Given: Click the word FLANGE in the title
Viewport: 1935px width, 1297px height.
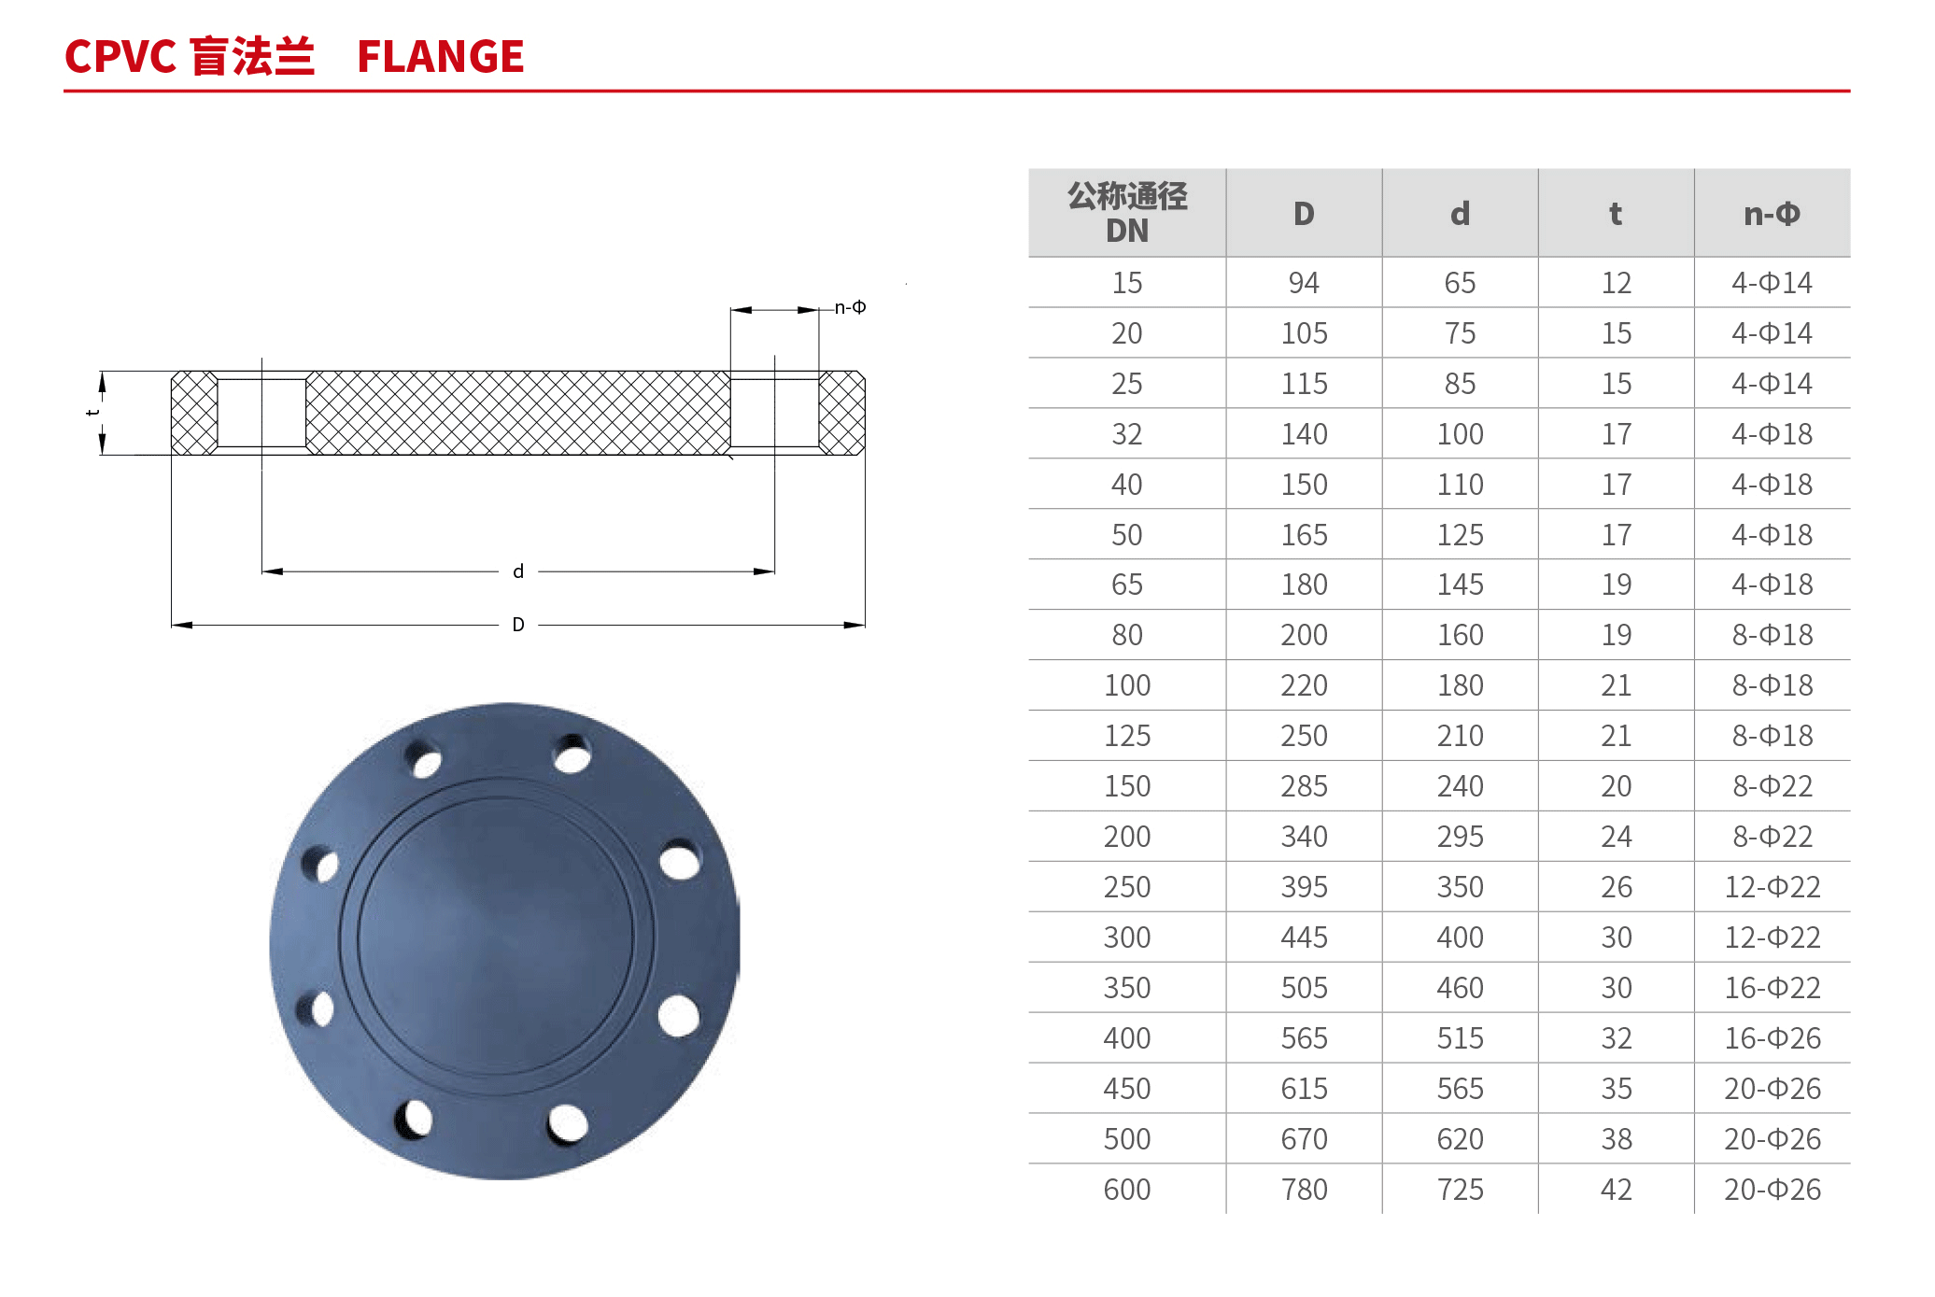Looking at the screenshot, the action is (440, 56).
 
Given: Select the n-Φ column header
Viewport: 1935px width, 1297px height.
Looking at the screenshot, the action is (1772, 214).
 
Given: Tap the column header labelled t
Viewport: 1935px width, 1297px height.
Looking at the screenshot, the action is (1616, 214).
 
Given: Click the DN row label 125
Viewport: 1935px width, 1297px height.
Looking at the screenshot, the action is (1127, 736).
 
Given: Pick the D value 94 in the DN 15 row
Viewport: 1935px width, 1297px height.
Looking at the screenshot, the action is (1304, 283).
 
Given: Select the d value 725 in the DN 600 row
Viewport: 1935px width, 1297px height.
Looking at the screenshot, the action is (1460, 1190).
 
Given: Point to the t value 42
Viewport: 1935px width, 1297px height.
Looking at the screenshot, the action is (1617, 1190).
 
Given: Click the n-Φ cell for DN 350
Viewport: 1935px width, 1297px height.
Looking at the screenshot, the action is (1772, 988).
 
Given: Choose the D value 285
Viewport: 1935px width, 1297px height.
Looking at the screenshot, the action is (1304, 786).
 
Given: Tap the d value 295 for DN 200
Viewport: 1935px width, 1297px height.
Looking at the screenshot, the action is (1460, 837).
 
